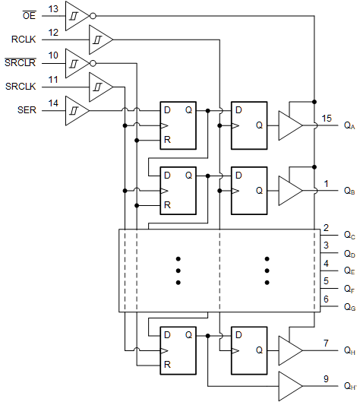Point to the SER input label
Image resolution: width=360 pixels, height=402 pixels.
pos(28,111)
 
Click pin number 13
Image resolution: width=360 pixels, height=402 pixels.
pos(53,8)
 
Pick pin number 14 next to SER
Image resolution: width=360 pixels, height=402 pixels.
pos(53,103)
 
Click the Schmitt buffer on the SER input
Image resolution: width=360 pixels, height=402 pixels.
pos(76,110)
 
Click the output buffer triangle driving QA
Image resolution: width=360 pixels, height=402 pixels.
pos(289,125)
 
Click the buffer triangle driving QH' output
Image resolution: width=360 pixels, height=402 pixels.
pos(289,385)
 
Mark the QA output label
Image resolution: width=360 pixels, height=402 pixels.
pos(349,126)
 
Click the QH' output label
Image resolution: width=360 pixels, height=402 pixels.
pos(349,386)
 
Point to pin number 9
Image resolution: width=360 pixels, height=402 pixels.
pos(325,378)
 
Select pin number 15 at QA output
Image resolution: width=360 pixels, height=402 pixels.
pos(327,118)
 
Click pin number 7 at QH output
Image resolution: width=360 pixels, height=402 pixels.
pos(325,343)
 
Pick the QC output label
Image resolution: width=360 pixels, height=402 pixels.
pos(349,236)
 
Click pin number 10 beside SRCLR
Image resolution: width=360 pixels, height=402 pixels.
pos(53,55)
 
